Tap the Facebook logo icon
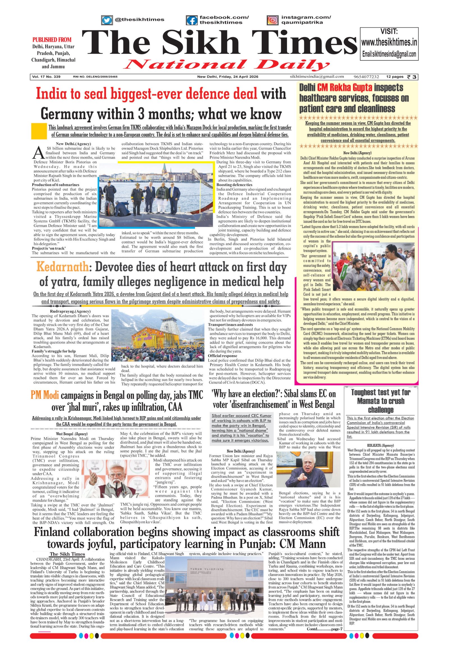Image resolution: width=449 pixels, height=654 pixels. pyautogui.click(x=192, y=20)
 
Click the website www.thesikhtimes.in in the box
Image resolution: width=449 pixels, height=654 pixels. pyautogui.click(x=389, y=43)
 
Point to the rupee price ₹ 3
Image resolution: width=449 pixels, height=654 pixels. pyautogui.click(x=411, y=77)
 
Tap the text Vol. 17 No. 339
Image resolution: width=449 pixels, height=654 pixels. pyautogui.click(x=46, y=77)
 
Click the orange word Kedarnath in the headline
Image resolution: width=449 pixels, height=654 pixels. pyautogui.click(x=62, y=267)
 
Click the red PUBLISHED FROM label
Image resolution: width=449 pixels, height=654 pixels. pyautogui.click(x=52, y=40)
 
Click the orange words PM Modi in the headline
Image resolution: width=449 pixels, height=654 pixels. pyautogui.click(x=45, y=395)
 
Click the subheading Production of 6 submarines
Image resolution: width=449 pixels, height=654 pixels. pyautogui.click(x=55, y=185)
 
